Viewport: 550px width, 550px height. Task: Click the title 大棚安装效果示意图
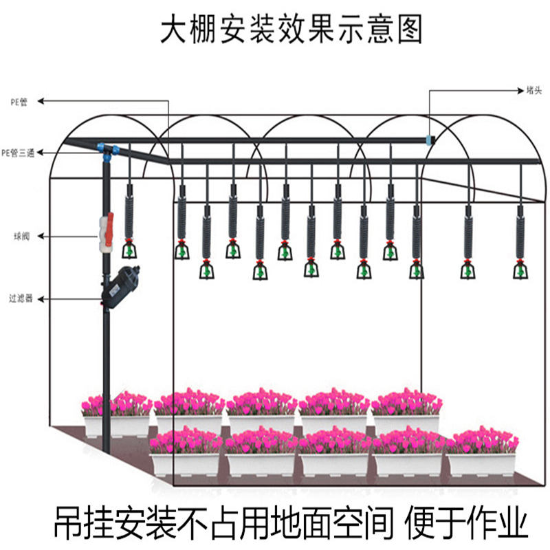point(291,31)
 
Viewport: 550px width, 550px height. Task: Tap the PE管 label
point(19,102)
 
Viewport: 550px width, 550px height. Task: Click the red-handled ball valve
point(107,230)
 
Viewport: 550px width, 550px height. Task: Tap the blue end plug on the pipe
point(430,140)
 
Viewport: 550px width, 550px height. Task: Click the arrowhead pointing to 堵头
point(520,90)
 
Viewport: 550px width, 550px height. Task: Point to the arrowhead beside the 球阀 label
point(40,236)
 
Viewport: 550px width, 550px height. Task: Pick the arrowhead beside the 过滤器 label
point(40,299)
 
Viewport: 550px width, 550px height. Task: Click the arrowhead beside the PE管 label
point(40,102)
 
